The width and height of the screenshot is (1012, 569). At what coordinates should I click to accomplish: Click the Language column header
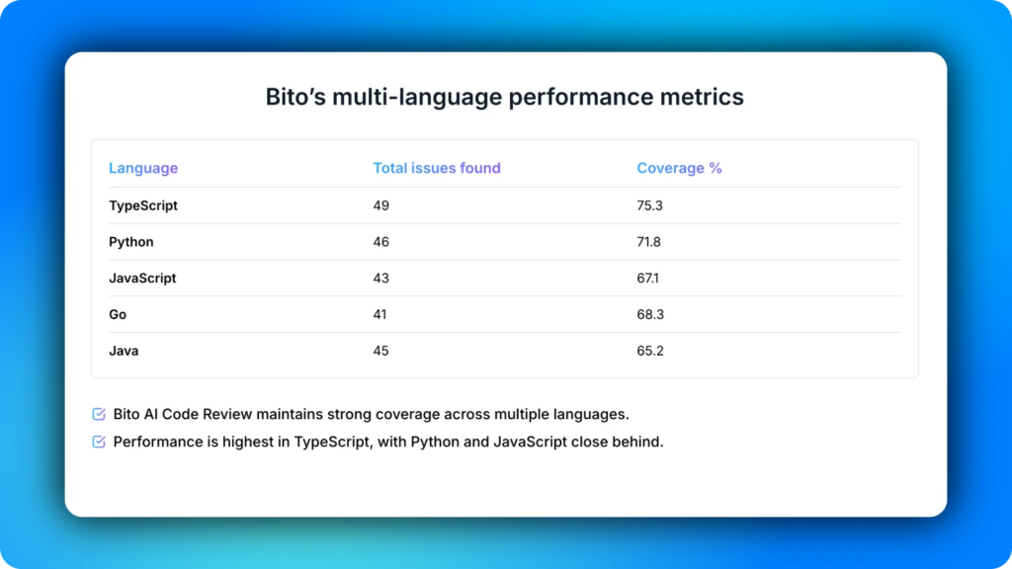pyautogui.click(x=143, y=168)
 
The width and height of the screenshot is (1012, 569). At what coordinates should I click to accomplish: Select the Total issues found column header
pyautogui.click(x=437, y=168)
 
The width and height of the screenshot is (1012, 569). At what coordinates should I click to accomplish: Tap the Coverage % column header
pyautogui.click(x=679, y=168)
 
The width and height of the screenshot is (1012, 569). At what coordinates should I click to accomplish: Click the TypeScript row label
pyautogui.click(x=143, y=205)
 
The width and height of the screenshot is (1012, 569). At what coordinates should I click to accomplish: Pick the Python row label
pyautogui.click(x=131, y=242)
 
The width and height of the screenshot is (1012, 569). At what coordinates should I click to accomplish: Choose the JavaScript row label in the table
pyautogui.click(x=142, y=279)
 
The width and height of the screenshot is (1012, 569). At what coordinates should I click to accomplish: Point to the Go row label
pyautogui.click(x=118, y=315)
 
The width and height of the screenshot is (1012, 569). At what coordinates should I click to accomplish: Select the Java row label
pyautogui.click(x=124, y=351)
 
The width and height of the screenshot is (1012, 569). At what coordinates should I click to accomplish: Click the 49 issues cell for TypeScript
pyautogui.click(x=381, y=205)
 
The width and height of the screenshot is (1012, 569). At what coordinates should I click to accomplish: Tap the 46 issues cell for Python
pyautogui.click(x=381, y=242)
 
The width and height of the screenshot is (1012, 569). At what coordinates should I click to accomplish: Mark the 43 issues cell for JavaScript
pyautogui.click(x=381, y=279)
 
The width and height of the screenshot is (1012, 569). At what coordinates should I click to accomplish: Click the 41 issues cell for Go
pyautogui.click(x=380, y=315)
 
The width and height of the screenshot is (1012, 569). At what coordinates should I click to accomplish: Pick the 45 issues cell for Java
pyautogui.click(x=381, y=351)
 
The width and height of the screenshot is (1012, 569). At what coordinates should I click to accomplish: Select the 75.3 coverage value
pyautogui.click(x=649, y=205)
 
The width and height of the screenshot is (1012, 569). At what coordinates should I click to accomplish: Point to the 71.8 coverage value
pyautogui.click(x=649, y=242)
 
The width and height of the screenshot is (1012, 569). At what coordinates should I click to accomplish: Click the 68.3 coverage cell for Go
pyautogui.click(x=649, y=315)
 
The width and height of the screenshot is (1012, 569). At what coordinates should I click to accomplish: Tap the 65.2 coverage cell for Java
pyautogui.click(x=649, y=351)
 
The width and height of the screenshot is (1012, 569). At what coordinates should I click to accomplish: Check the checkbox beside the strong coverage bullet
pyautogui.click(x=99, y=414)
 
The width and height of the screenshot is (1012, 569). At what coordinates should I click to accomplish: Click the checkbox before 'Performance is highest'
pyautogui.click(x=99, y=442)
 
